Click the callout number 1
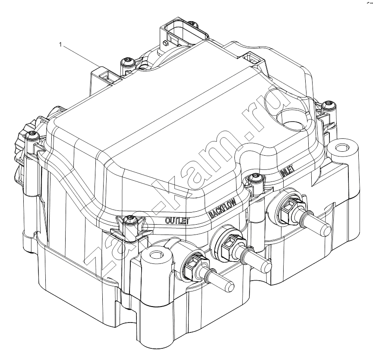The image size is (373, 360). pos(60,45)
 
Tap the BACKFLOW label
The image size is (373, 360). pos(223,208)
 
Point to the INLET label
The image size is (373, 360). pos(288,171)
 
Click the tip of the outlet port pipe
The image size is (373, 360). pos(230,285)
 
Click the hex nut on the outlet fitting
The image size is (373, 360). pos(195,265)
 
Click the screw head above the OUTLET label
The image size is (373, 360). pos(130,219)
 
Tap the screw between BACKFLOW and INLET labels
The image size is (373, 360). pos(255,178)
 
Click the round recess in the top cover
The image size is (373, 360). pos(294,119)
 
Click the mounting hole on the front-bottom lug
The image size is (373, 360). pos(155,255)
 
